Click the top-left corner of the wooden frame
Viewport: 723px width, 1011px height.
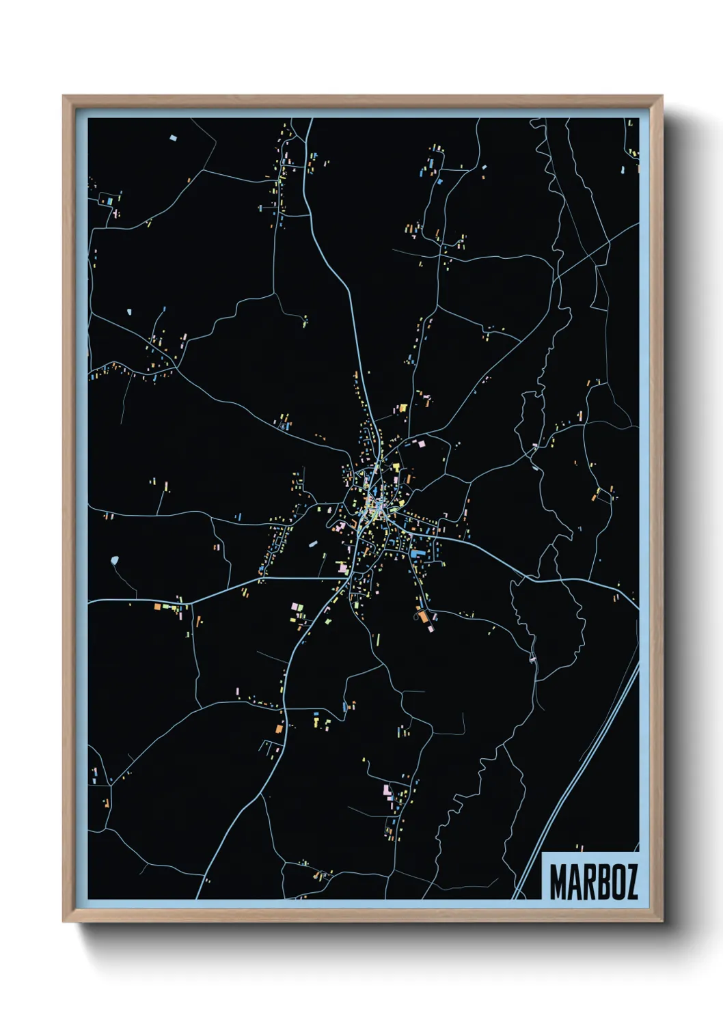pyautogui.click(x=64, y=97)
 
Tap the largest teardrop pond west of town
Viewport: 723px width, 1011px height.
pyautogui.click(x=113, y=562)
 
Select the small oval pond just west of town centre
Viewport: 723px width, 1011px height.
pyautogui.click(x=312, y=544)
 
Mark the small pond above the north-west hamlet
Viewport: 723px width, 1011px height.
pyautogui.click(x=128, y=313)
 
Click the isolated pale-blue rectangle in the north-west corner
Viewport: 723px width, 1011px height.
pyautogui.click(x=172, y=139)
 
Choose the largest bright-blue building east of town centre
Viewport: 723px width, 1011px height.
pyautogui.click(x=418, y=551)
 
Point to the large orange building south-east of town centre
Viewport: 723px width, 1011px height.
pyautogui.click(x=424, y=617)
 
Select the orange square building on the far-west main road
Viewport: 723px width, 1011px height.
pyautogui.click(x=157, y=607)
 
